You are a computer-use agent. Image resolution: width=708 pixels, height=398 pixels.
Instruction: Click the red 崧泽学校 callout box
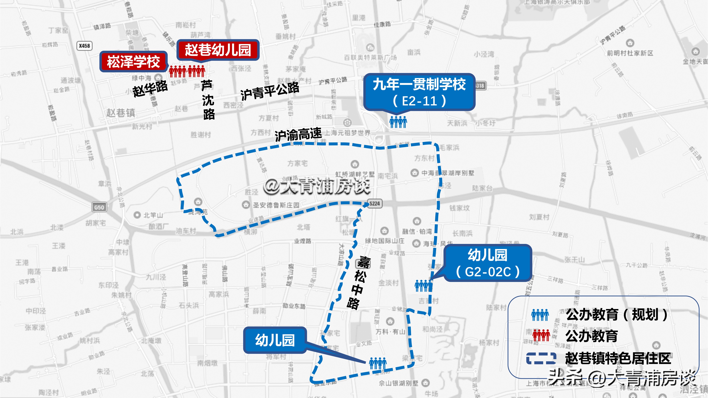pyautogui.click(x=133, y=61)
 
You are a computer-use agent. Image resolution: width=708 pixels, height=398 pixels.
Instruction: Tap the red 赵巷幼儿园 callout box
pyautogui.click(x=218, y=50)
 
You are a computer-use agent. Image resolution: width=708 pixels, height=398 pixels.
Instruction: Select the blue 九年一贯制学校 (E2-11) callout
pyautogui.click(x=419, y=92)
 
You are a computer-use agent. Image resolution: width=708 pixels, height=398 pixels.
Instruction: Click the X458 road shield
pyautogui.click(x=84, y=46)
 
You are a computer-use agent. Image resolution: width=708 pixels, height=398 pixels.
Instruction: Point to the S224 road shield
pyautogui.click(x=375, y=204)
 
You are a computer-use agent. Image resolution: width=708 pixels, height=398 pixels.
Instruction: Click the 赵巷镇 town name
pyautogui.click(x=121, y=113)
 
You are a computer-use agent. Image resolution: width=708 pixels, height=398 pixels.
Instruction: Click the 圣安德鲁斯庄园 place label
pyautogui.click(x=276, y=205)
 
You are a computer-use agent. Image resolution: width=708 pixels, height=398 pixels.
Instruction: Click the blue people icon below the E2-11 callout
pyautogui.click(x=398, y=122)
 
